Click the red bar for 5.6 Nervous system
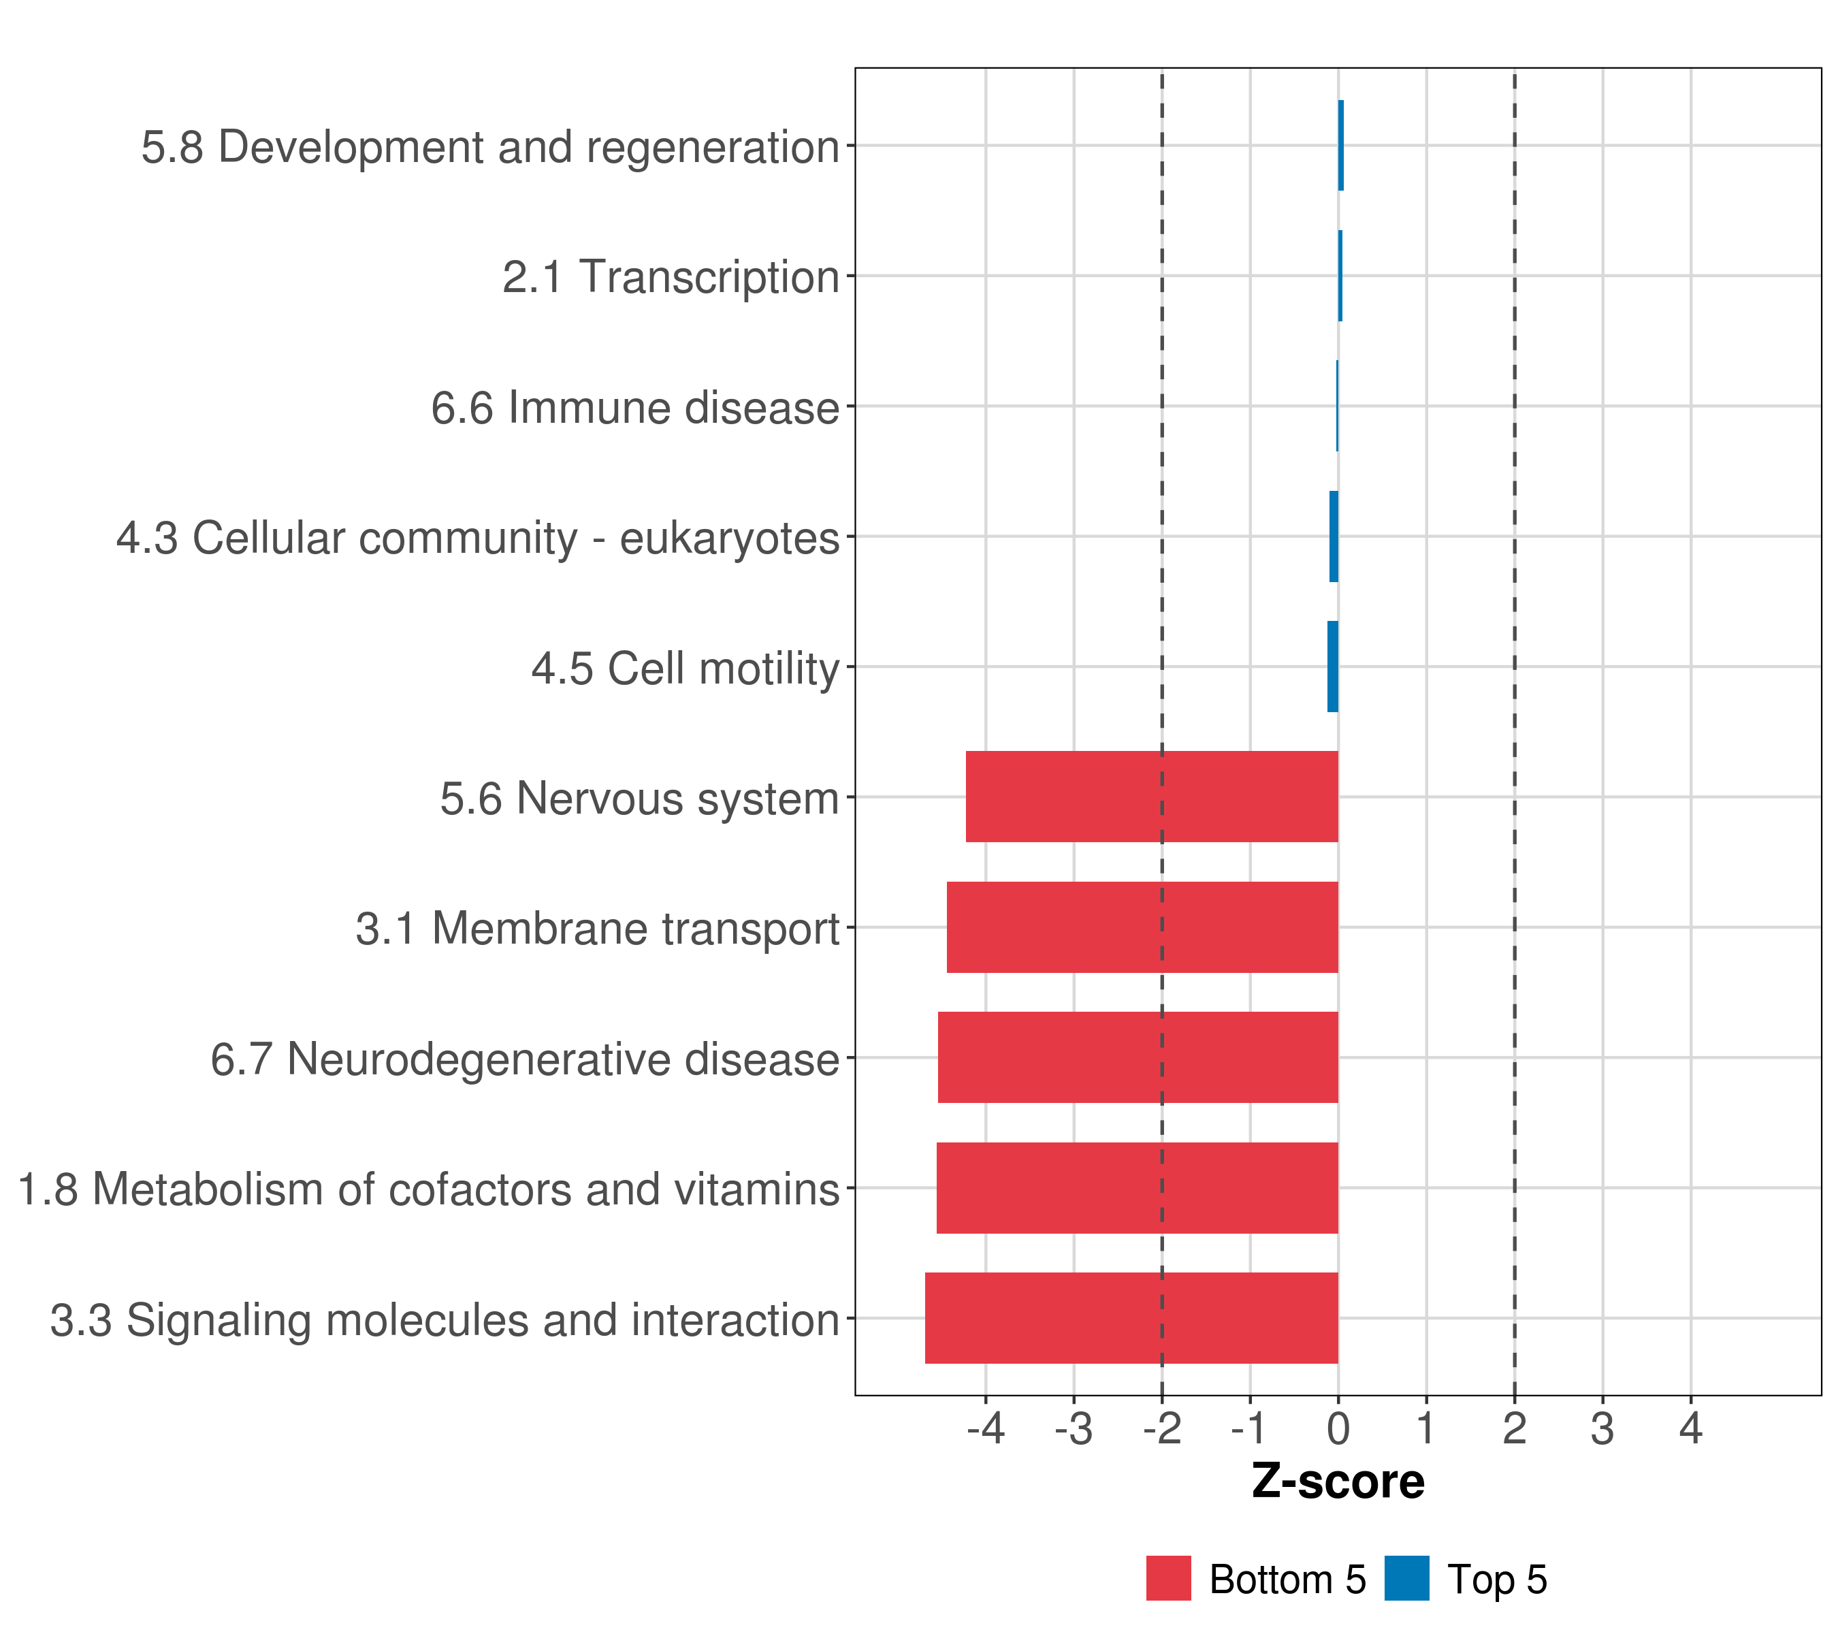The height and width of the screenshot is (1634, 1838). [x=1151, y=797]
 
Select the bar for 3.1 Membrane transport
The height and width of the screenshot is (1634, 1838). [x=1142, y=927]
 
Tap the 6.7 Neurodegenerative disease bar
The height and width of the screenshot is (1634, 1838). [x=1138, y=1057]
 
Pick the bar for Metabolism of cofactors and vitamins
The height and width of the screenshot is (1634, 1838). [x=1137, y=1188]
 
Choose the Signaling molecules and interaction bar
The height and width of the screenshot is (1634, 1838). [x=1131, y=1318]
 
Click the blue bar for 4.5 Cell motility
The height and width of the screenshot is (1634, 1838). [x=1333, y=667]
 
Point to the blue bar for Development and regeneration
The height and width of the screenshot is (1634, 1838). [x=1341, y=146]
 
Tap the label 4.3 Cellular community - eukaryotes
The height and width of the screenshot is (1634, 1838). [x=477, y=539]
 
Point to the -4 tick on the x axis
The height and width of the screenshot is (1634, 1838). [x=986, y=1429]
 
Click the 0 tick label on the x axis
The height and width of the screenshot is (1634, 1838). [x=1338, y=1429]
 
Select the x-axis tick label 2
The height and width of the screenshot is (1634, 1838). [x=1514, y=1429]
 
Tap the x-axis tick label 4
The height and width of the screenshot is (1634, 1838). [x=1690, y=1429]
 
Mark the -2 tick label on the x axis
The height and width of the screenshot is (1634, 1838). [x=1162, y=1429]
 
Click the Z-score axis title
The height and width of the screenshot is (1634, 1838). [x=1338, y=1482]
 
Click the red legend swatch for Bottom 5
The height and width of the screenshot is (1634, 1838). [x=1168, y=1579]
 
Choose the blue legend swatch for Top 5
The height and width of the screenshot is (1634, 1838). [x=1406, y=1579]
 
